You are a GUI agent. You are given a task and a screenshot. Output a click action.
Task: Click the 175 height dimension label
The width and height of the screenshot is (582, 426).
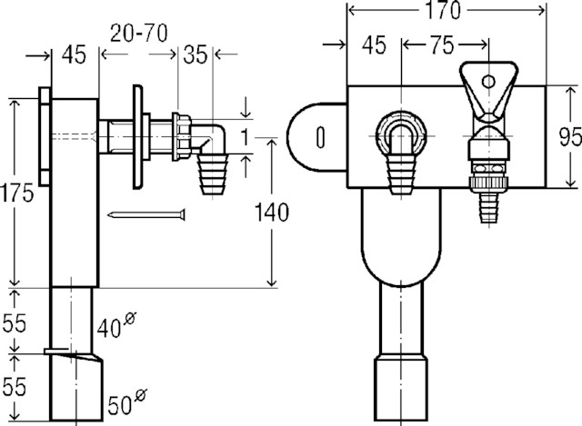[17, 193]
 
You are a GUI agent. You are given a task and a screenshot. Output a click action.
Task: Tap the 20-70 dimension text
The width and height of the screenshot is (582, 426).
[139, 34]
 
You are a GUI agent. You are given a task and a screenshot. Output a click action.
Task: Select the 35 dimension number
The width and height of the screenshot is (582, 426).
[195, 54]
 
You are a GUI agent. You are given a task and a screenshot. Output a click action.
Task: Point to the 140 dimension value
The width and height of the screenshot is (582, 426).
[271, 213]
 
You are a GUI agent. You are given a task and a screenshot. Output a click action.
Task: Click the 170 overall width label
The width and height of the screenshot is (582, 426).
[443, 10]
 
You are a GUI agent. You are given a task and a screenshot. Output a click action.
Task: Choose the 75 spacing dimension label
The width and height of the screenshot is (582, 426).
[443, 45]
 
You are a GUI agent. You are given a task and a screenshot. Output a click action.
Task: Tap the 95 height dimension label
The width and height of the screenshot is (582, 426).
[570, 136]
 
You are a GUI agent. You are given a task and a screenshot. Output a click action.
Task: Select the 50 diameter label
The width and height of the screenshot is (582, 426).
[127, 401]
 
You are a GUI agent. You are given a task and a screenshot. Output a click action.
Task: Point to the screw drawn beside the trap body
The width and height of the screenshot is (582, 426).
[146, 214]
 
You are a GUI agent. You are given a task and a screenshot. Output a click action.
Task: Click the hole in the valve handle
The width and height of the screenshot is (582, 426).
[488, 81]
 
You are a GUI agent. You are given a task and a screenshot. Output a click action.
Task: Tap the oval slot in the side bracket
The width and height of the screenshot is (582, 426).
[320, 137]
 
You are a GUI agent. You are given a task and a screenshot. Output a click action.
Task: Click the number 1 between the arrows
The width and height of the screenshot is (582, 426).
[245, 137]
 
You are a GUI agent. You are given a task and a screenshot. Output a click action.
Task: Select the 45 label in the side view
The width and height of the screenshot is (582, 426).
[74, 54]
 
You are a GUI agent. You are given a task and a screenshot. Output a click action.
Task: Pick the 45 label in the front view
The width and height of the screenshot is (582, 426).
[374, 45]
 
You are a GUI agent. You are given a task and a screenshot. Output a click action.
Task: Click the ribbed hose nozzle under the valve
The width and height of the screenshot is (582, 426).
[489, 207]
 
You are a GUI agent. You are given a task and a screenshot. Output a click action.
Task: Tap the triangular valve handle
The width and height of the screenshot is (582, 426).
[488, 91]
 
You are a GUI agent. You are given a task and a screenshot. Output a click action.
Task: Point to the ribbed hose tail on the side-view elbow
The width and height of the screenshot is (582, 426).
[213, 173]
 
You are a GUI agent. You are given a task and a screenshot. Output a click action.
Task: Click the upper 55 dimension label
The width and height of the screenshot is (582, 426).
[15, 323]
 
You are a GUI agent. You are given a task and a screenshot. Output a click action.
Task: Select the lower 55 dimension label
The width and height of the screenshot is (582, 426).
[15, 386]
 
